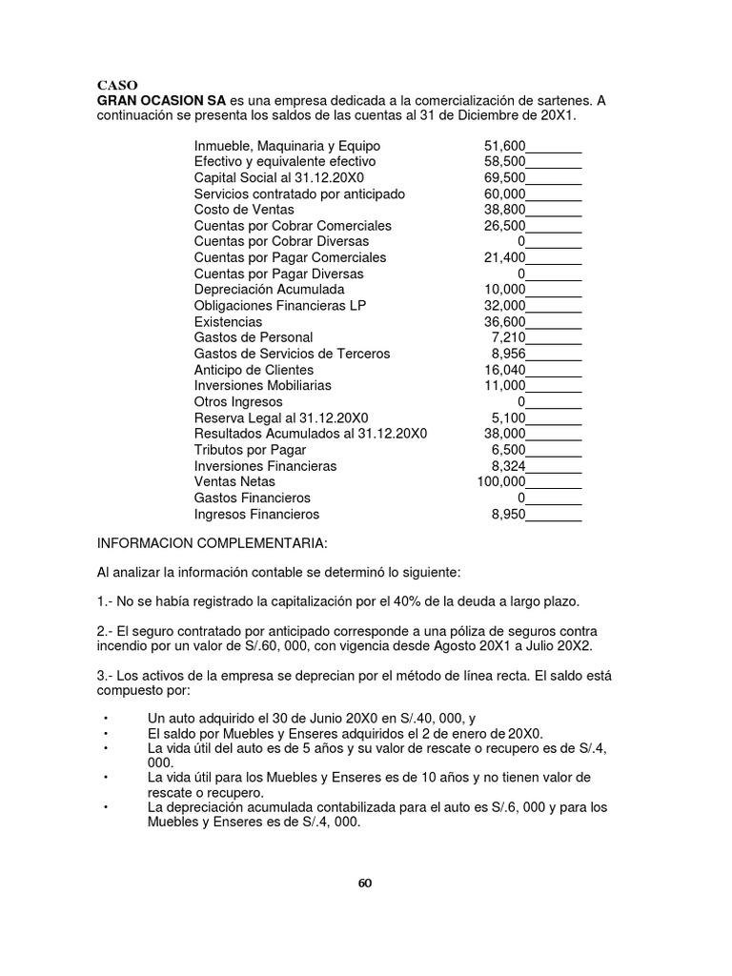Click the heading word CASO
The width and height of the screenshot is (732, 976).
(116, 84)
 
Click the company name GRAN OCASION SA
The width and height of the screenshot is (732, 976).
(162, 100)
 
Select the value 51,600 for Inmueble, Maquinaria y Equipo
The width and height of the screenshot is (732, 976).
(505, 146)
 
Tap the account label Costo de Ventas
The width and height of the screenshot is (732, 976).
(244, 210)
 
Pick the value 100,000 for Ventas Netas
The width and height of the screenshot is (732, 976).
(501, 482)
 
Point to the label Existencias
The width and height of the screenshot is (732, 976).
(228, 322)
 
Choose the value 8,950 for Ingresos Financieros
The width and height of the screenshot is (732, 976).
(508, 515)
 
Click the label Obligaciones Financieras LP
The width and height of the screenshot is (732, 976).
(279, 306)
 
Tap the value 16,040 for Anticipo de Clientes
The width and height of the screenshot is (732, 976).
(505, 370)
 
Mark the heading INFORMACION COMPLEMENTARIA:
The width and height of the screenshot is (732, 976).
(212, 543)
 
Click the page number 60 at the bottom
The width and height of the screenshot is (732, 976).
(365, 882)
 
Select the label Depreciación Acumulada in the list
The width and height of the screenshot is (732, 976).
(269, 290)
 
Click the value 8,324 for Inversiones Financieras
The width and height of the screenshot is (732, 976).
(508, 466)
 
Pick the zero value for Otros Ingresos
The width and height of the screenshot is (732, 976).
(521, 402)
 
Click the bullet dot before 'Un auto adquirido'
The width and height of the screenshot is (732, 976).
(106, 719)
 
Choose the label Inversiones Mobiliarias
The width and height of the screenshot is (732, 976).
(263, 386)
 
